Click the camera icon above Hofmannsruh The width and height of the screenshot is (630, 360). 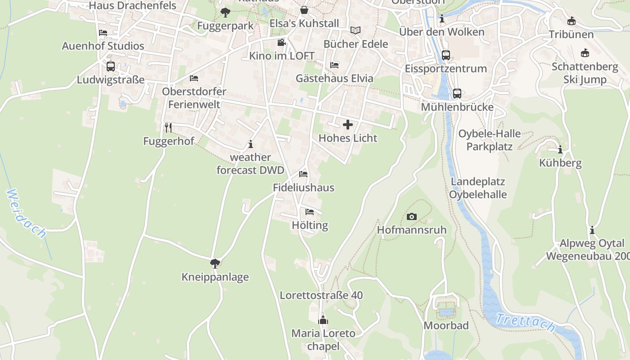coord(411,217)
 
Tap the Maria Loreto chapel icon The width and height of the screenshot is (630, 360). coord(323,320)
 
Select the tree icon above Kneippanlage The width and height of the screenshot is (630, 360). coord(215,263)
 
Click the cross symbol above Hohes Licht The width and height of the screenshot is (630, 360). coord(348,125)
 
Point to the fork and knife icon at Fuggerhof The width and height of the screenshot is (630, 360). coord(168,128)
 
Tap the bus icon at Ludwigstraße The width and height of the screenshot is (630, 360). coord(111,67)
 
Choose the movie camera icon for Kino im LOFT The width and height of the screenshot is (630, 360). coord(282,43)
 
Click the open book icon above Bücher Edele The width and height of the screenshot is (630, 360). coord(355,31)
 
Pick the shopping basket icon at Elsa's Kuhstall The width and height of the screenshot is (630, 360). coord(304,10)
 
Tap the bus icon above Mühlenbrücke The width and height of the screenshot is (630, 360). coord(457,94)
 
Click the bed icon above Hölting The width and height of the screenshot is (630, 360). coord(310,211)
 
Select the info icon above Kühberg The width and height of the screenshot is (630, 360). coord(560,149)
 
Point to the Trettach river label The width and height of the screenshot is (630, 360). coord(525,323)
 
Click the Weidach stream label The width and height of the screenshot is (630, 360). coord(27,213)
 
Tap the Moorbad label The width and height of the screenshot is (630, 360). coord(446,325)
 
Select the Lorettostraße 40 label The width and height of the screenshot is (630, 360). coord(321,296)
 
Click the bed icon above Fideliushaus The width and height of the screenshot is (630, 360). coord(303,174)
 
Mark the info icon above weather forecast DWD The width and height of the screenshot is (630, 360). coord(251,144)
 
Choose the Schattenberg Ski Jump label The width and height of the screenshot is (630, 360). coord(585,73)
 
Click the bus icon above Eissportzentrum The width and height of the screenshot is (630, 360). coord(446,55)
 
